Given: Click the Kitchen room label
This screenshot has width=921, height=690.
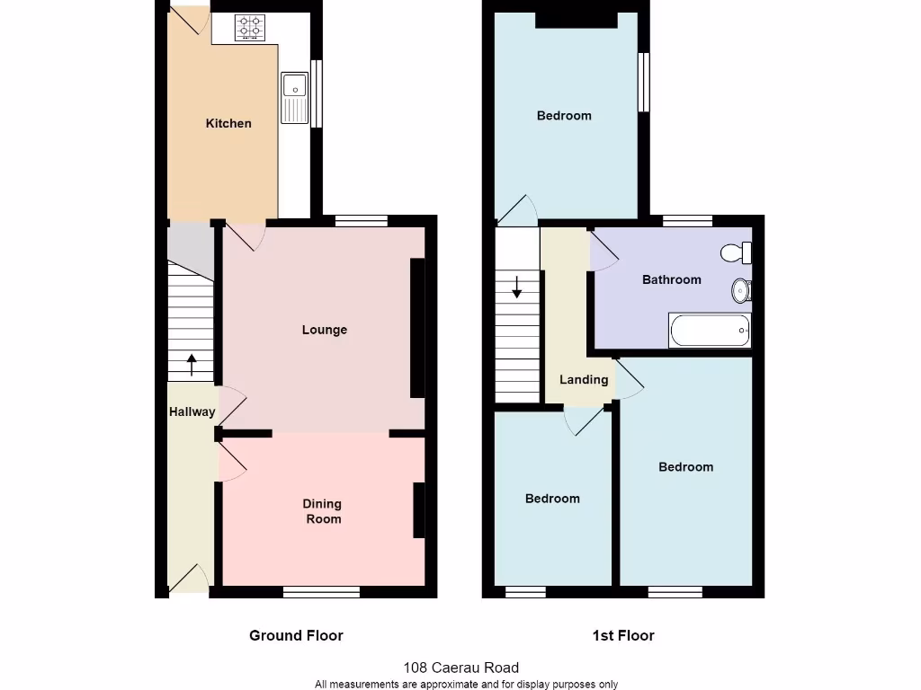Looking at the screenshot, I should pyautogui.click(x=228, y=123).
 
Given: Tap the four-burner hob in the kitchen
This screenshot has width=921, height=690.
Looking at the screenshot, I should pyautogui.click(x=250, y=28).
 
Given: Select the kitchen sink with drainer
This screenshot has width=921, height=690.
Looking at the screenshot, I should pyautogui.click(x=294, y=98).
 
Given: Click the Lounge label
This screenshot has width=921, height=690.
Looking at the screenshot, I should pyautogui.click(x=324, y=330).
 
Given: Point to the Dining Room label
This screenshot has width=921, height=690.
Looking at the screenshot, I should pyautogui.click(x=322, y=511).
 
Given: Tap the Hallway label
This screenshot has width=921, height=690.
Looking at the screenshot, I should pyautogui.click(x=192, y=412).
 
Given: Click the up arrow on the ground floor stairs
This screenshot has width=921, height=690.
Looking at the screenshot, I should pyautogui.click(x=192, y=364).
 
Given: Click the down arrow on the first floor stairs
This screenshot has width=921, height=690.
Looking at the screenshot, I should pyautogui.click(x=517, y=287).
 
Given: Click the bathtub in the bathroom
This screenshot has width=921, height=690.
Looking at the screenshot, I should pyautogui.click(x=710, y=331).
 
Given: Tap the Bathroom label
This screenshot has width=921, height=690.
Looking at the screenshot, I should pyautogui.click(x=671, y=279).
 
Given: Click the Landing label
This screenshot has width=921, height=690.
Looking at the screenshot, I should pyautogui.click(x=584, y=379).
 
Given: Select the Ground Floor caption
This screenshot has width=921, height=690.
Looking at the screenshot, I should pyautogui.click(x=296, y=635).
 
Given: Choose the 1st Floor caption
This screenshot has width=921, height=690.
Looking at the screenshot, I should pyautogui.click(x=623, y=635).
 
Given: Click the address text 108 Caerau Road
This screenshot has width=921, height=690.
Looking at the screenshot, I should pyautogui.click(x=461, y=668).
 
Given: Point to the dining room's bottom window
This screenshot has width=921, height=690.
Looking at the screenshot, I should pyautogui.click(x=321, y=591).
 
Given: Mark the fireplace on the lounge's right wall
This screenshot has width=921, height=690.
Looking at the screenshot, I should pyautogui.click(x=417, y=328).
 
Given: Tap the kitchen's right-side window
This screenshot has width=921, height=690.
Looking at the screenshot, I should pyautogui.click(x=316, y=93).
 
